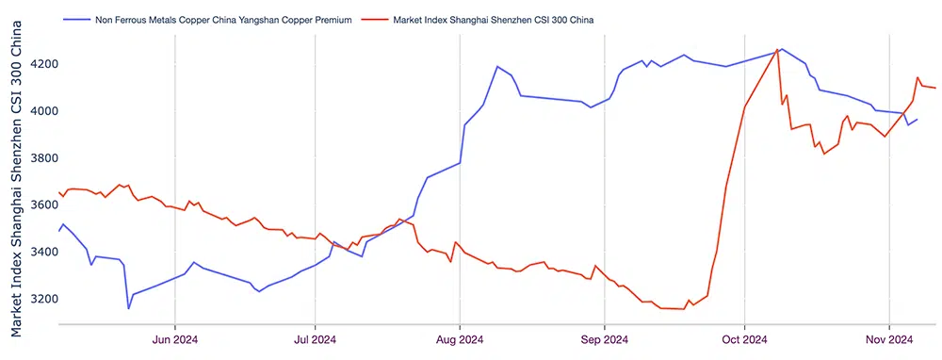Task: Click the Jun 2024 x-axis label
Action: tap(175, 339)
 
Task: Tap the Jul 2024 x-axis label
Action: tap(313, 339)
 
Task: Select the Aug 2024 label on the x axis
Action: tap(459, 339)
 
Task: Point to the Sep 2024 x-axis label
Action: tap(604, 339)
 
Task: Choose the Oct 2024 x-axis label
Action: tap(743, 339)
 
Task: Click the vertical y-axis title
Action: tap(17, 179)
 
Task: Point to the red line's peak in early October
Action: tap(777, 50)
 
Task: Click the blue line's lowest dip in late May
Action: tap(129, 307)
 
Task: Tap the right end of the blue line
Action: tap(918, 120)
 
